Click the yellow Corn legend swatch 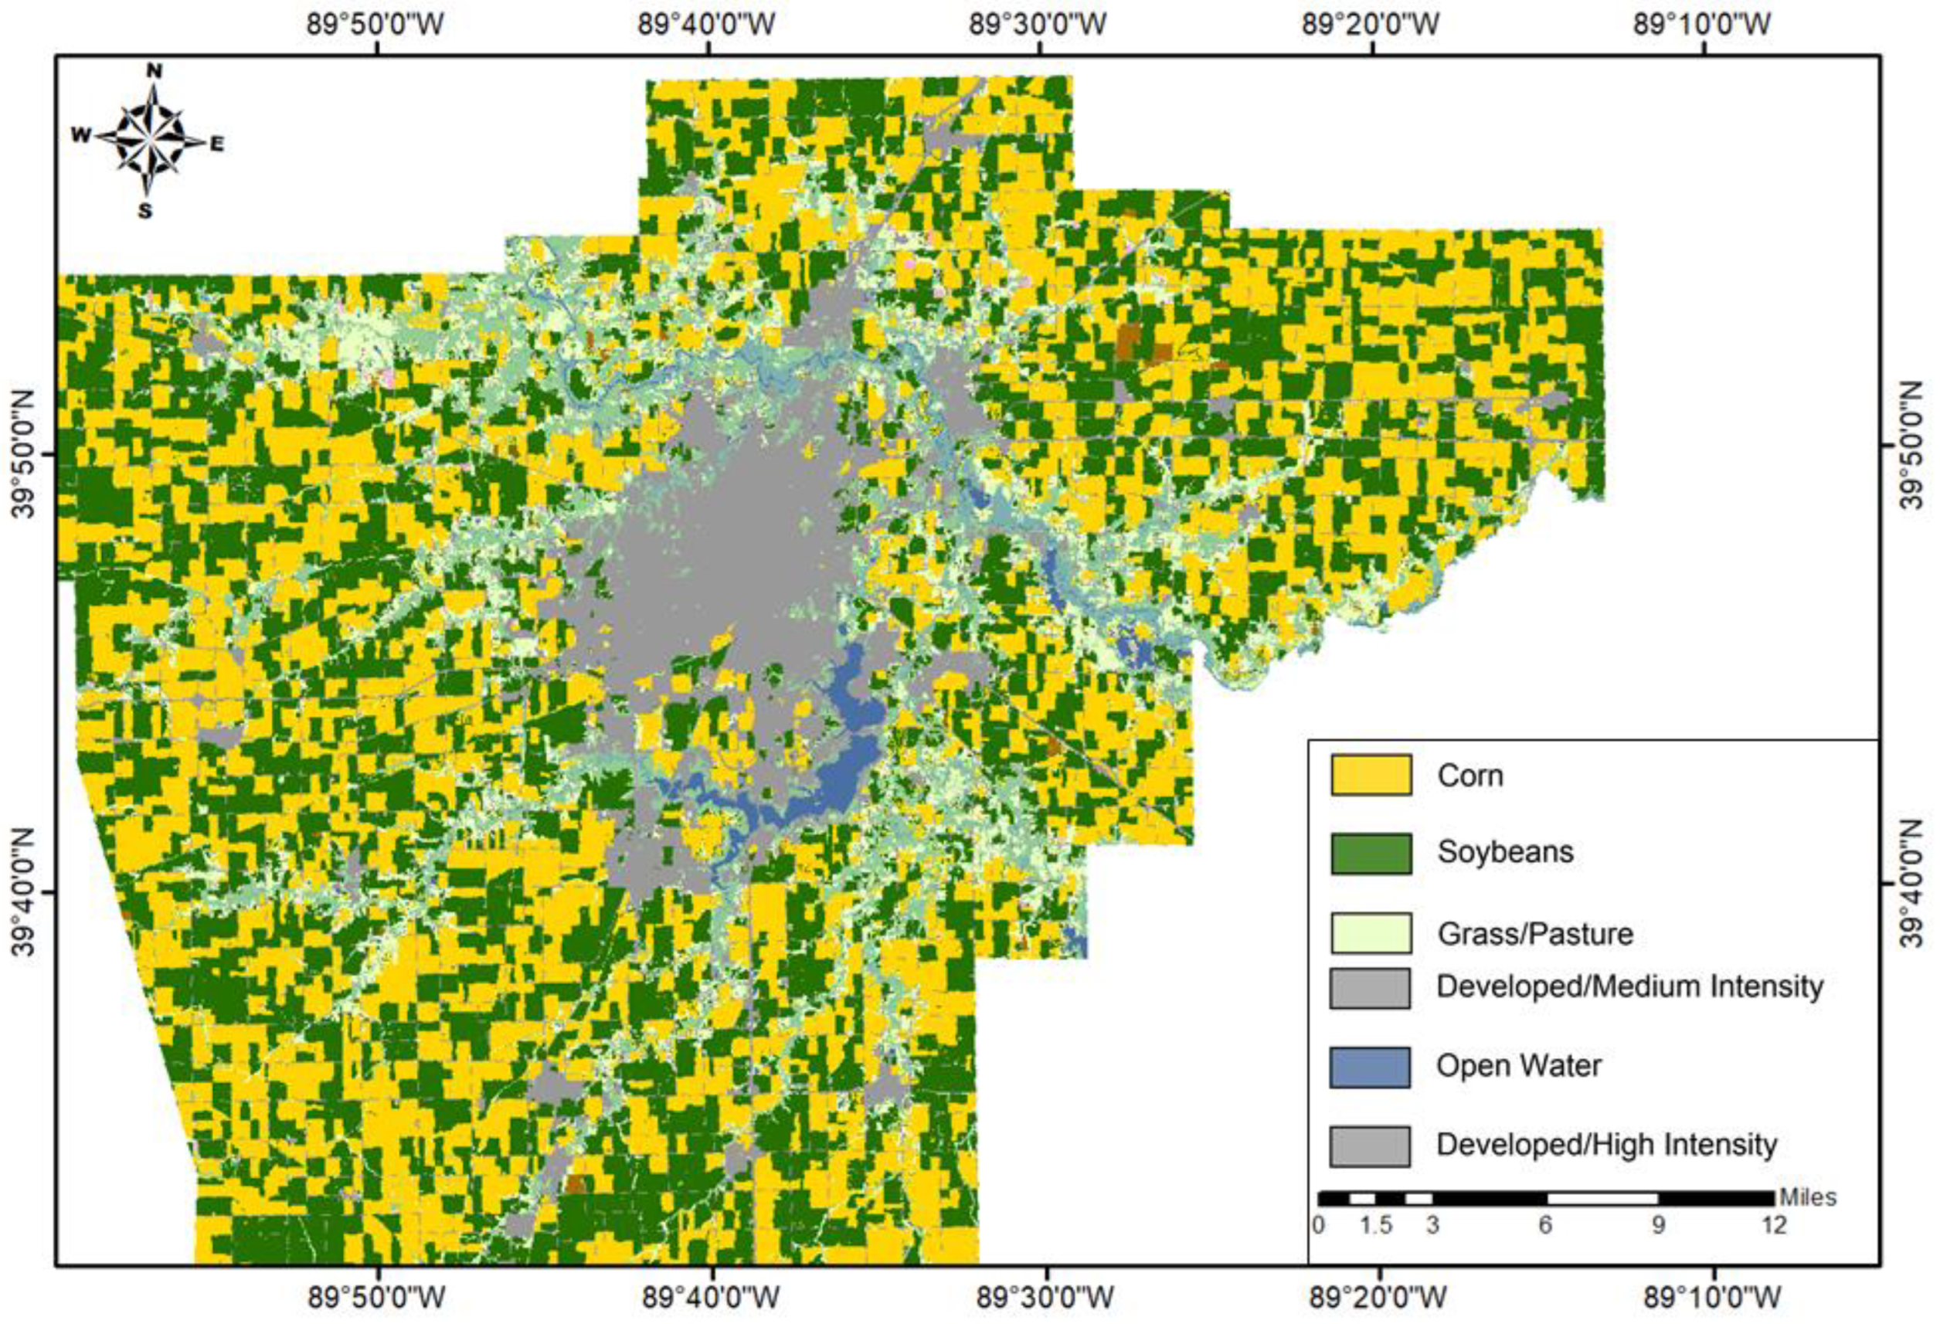click(1371, 775)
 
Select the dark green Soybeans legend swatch click(1371, 853)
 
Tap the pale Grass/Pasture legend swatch click(1371, 932)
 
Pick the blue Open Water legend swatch click(1370, 1067)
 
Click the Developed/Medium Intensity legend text click(1629, 986)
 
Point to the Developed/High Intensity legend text click(1606, 1144)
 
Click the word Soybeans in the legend click(1505, 851)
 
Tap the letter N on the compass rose click(154, 72)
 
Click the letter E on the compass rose click(216, 144)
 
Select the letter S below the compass click(145, 211)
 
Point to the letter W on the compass click(80, 135)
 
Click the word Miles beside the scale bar click(1808, 1197)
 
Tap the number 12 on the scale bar click(1773, 1224)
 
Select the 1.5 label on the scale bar click(1376, 1224)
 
